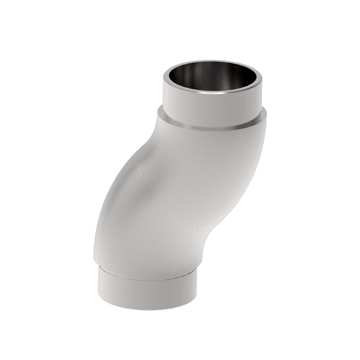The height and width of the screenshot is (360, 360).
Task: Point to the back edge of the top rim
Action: [x=213, y=64]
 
